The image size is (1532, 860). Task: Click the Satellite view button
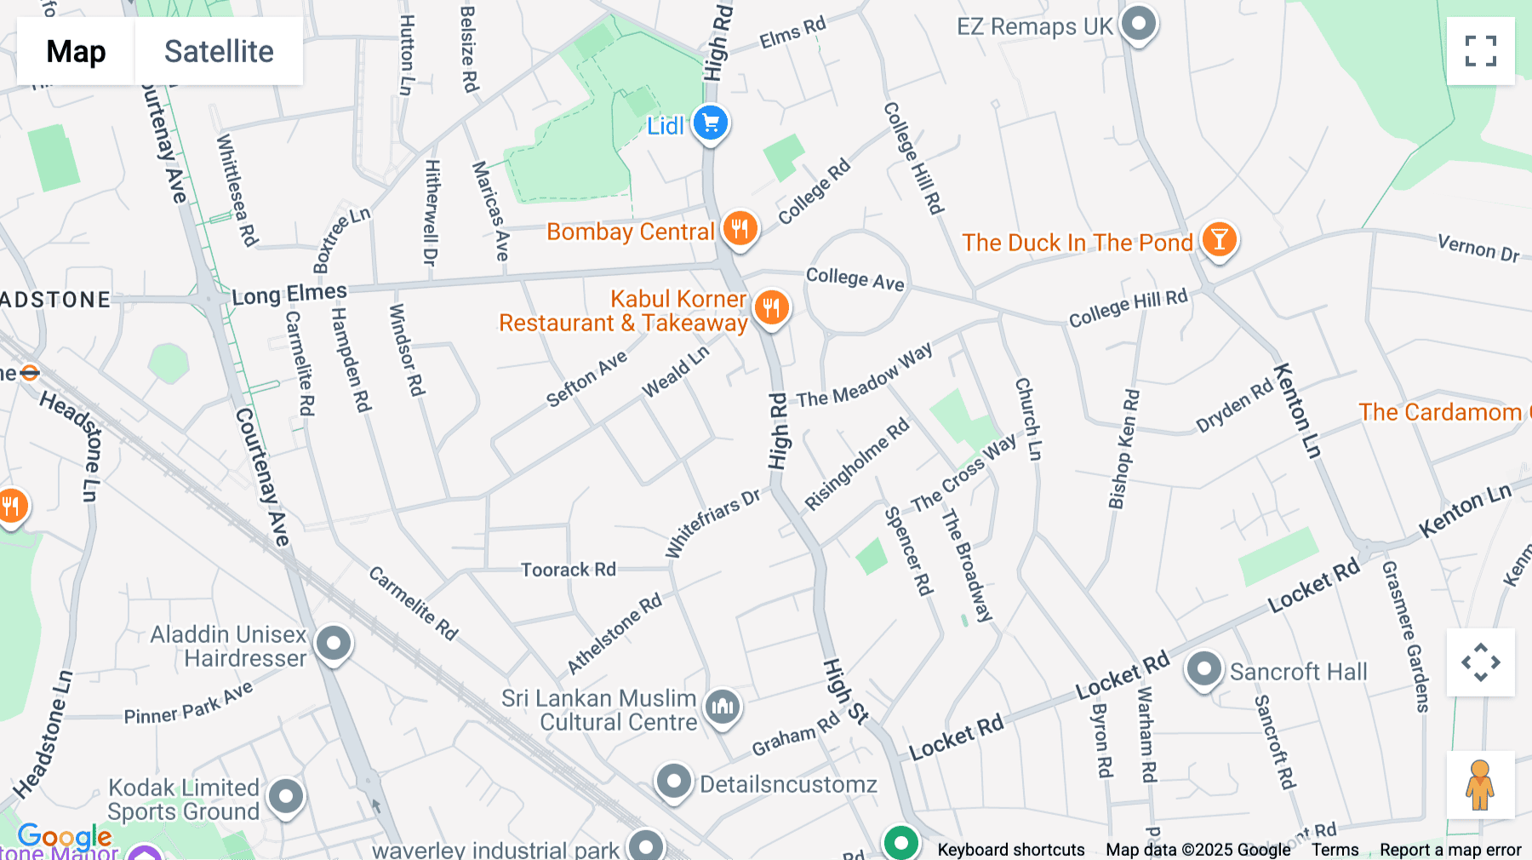pos(219,51)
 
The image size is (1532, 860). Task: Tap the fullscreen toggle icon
pos(1480,51)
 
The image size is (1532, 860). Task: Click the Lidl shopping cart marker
pos(710,124)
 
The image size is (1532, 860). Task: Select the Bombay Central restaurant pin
pos(740,229)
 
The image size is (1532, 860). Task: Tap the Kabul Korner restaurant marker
pos(772,307)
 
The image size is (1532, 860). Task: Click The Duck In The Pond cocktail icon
pos(1219,241)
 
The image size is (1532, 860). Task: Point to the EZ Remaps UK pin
pos(1138,24)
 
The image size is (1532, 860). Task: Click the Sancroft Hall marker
pos(1203,669)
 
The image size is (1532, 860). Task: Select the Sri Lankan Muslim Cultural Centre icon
pos(723,706)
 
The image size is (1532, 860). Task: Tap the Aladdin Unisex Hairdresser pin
pos(333,643)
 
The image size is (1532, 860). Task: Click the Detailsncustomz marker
pos(673,781)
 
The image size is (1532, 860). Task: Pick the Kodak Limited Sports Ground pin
pos(285,797)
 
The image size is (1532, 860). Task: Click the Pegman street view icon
pos(1480,785)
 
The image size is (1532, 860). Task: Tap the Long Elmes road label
pos(289,295)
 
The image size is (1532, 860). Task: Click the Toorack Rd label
pos(568,570)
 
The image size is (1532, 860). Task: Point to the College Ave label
pos(855,278)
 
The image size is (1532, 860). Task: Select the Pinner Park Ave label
pos(188,706)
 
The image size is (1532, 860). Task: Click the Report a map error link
pos(1449,850)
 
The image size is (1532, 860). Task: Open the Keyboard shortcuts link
pos(1010,850)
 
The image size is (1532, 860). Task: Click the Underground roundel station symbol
pos(30,373)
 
